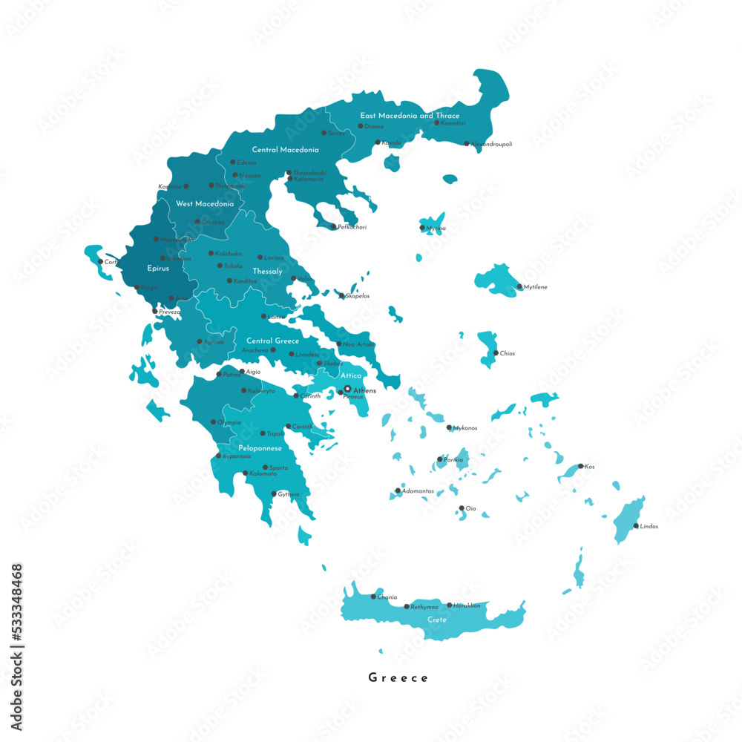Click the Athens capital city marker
click(x=347, y=389)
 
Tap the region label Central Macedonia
click(x=286, y=150)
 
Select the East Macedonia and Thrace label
click(x=410, y=116)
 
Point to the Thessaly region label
click(x=267, y=272)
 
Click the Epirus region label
click(x=158, y=269)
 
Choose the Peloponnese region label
click(x=260, y=449)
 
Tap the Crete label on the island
click(x=437, y=620)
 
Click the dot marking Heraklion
click(x=449, y=605)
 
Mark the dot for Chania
click(x=372, y=597)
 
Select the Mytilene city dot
click(x=519, y=286)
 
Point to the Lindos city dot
click(x=635, y=526)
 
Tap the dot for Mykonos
click(x=449, y=428)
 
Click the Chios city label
click(x=508, y=354)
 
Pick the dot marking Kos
click(x=580, y=467)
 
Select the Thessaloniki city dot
click(x=289, y=173)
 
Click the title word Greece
click(x=398, y=677)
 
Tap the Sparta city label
click(x=278, y=468)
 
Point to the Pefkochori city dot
click(x=333, y=227)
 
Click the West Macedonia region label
click(x=205, y=203)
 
